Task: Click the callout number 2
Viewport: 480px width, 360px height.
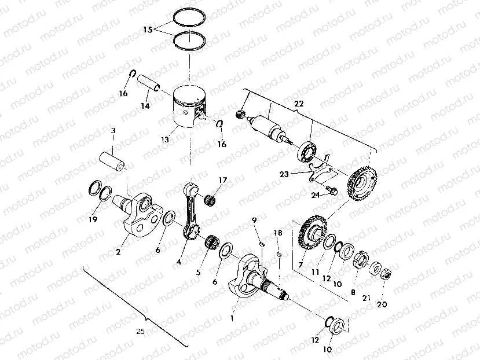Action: (118, 252)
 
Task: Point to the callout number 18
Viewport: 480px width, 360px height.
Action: (278, 233)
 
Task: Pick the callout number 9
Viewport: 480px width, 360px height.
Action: (253, 219)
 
